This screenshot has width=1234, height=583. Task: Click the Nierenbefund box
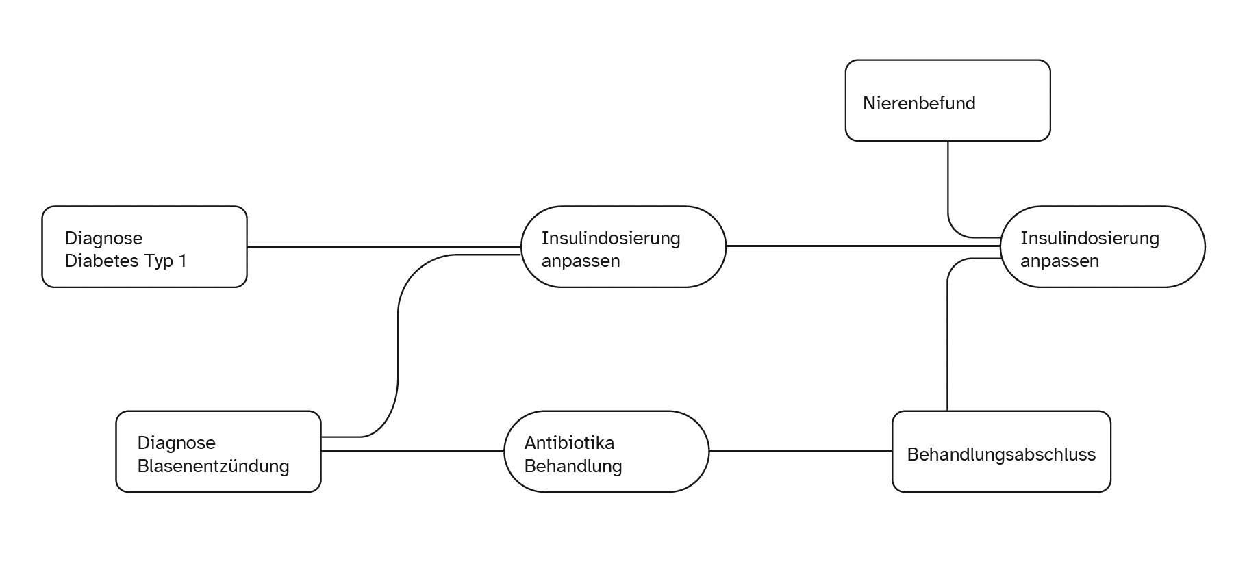pyautogui.click(x=947, y=100)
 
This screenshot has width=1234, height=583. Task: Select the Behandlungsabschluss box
pyautogui.click(x=1000, y=451)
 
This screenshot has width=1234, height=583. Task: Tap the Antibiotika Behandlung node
pyautogui.click(x=606, y=451)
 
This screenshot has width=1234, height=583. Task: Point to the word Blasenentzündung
pyautogui.click(x=213, y=466)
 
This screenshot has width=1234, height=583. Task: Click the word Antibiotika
pyautogui.click(x=569, y=443)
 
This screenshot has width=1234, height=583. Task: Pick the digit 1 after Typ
pyautogui.click(x=182, y=261)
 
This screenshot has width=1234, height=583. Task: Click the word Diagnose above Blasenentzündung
pyautogui.click(x=176, y=443)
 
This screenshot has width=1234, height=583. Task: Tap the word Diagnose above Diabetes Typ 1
pyautogui.click(x=103, y=238)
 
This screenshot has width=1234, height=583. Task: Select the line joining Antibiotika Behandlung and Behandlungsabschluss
pyautogui.click(x=800, y=450)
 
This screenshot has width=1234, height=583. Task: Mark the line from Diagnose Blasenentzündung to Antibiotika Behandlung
pyautogui.click(x=412, y=451)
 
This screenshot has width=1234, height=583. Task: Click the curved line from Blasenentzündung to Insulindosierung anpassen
pyautogui.click(x=398, y=342)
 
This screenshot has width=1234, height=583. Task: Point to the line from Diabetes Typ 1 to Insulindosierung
pyautogui.click(x=383, y=246)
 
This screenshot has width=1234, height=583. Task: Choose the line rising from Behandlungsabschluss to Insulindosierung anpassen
pyautogui.click(x=947, y=342)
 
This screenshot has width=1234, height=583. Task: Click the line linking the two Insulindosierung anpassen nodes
pyautogui.click(x=863, y=246)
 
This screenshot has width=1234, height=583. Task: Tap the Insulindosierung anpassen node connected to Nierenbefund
pyautogui.click(x=1102, y=246)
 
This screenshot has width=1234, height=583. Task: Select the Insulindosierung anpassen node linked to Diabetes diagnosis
pyautogui.click(x=623, y=246)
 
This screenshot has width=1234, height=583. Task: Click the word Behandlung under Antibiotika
pyautogui.click(x=572, y=467)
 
